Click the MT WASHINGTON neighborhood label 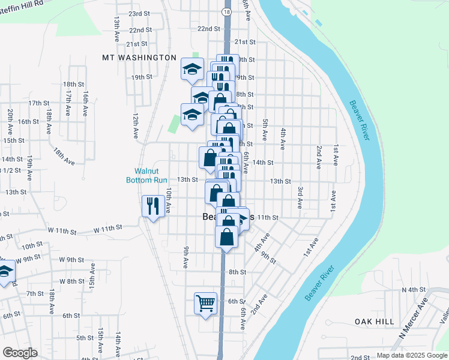tap(139, 58)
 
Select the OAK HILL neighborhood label tap(373, 322)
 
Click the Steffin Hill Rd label tap(23, 3)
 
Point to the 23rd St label tap(139, 14)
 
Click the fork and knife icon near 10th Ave tap(152, 206)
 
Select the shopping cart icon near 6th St tap(205, 303)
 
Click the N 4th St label tap(413, 290)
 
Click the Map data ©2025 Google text tap(411, 356)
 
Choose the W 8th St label tap(72, 281)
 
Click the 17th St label tap(38, 103)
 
